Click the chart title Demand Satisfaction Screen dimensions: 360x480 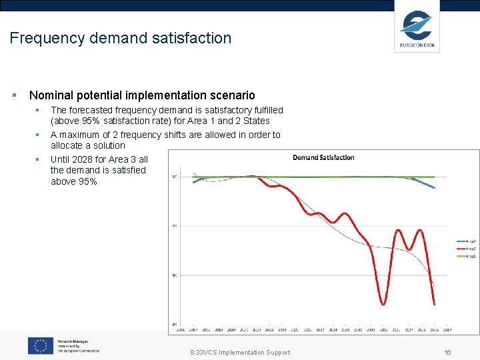click(x=323, y=157)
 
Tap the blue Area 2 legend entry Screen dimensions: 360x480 click(x=465, y=241)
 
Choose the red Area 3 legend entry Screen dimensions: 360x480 click(x=465, y=248)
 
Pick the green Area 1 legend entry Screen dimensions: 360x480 click(x=465, y=256)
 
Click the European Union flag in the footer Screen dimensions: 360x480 click(x=41, y=345)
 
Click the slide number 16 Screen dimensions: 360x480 click(x=447, y=353)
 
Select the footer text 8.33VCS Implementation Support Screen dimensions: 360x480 click(x=241, y=353)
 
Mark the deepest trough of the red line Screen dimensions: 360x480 click(x=383, y=304)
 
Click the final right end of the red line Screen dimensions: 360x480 click(x=435, y=305)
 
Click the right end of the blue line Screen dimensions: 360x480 click(x=435, y=188)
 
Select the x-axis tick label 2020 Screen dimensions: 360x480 click(x=231, y=329)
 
